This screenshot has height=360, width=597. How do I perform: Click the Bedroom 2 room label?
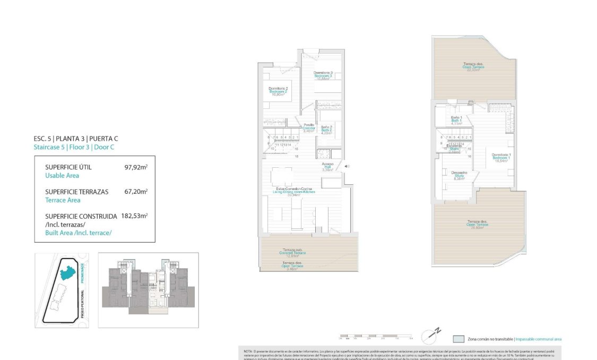(x=278, y=91)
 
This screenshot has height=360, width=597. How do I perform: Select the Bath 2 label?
(x=326, y=130)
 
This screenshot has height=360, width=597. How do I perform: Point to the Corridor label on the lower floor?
(x=308, y=127)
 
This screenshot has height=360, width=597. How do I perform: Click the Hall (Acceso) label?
(x=327, y=167)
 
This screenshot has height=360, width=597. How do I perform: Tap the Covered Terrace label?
(x=293, y=253)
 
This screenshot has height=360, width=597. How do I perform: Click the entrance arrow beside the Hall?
(x=347, y=167)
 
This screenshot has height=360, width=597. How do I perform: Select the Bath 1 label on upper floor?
(x=456, y=120)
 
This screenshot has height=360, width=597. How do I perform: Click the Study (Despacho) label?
(x=459, y=175)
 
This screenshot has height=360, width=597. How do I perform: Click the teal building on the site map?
(x=68, y=273)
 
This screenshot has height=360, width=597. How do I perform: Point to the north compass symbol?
(x=431, y=336)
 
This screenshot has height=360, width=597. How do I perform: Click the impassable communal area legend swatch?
(x=458, y=339)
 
